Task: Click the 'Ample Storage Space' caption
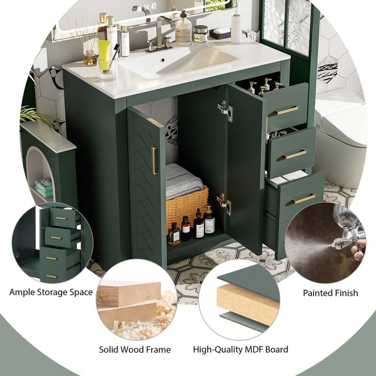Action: tap(51, 292)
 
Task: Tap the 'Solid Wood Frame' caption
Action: tap(135, 349)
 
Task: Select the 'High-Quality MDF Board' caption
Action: tap(241, 349)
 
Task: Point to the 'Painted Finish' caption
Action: tap(330, 293)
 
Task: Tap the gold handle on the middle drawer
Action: tap(295, 155)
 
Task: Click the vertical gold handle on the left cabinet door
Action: tap(154, 160)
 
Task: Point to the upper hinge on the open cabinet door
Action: tap(225, 111)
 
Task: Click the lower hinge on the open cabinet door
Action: tap(223, 204)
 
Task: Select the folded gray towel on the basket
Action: tap(183, 180)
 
